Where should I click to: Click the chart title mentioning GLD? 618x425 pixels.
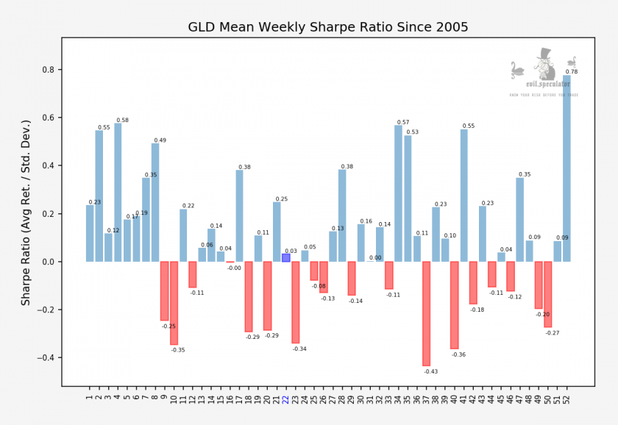pos(328,28)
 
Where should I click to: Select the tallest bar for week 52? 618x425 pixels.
pos(566,168)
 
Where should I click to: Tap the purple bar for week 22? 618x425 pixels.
pos(286,258)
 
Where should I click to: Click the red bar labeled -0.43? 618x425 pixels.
pos(426,313)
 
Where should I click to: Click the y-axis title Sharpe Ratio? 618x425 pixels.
pos(26,213)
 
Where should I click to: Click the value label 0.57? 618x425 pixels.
pos(403,122)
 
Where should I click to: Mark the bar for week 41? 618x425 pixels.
pos(464,196)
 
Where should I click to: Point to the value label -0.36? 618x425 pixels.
pos(459,354)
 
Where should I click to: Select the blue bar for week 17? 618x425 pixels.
pos(239,216)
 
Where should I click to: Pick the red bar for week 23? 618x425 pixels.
pos(296,302)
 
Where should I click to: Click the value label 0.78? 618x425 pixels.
pos(572,71)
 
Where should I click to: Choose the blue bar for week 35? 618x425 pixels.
pos(408,199)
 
